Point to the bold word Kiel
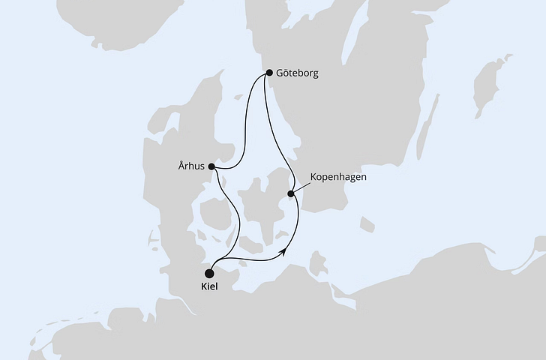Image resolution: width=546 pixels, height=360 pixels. pyautogui.click(x=211, y=288)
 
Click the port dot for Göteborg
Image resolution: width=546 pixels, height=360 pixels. pyautogui.click(x=270, y=73)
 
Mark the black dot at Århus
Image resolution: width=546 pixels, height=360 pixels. pyautogui.click(x=211, y=166)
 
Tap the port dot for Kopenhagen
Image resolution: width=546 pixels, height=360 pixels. pyautogui.click(x=291, y=194)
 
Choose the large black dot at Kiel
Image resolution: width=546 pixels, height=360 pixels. pyautogui.click(x=210, y=273)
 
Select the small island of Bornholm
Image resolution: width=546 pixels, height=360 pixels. pyautogui.click(x=367, y=224)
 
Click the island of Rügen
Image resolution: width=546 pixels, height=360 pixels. pyautogui.click(x=319, y=263)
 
